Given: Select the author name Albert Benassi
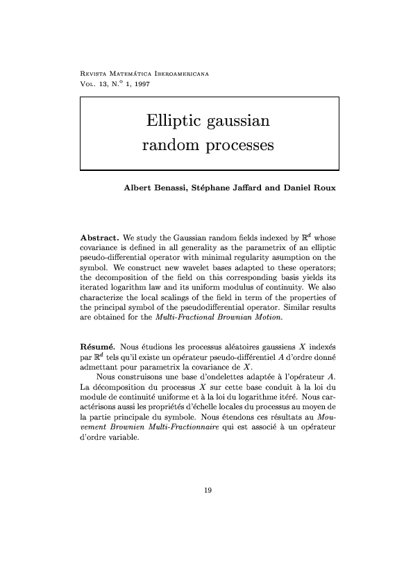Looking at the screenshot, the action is click(x=151, y=188).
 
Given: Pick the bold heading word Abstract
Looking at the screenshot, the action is click(x=101, y=238).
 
